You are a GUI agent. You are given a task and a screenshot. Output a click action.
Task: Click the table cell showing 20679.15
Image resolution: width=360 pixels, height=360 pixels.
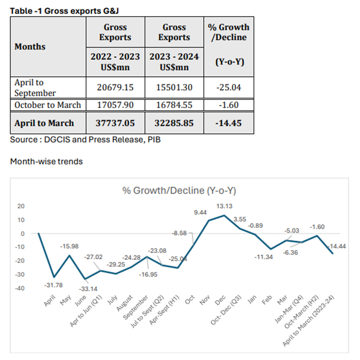click(x=115, y=87)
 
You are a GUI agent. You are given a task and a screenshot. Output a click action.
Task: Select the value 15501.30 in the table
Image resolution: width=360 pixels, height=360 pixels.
click(x=174, y=87)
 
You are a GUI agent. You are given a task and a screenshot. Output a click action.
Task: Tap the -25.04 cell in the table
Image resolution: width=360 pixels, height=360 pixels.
click(x=229, y=87)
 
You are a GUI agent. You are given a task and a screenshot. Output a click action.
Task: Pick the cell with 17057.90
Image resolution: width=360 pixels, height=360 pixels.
click(x=115, y=105)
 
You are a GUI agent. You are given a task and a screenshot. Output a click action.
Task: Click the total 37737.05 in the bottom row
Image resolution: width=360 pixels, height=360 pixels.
click(x=115, y=123)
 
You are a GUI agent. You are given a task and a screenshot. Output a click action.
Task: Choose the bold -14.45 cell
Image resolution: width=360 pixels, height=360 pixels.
click(x=229, y=123)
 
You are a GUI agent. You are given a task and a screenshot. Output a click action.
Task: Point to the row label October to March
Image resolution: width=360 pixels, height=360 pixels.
click(x=48, y=105)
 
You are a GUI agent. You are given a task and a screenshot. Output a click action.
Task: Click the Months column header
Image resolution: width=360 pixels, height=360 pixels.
click(x=30, y=47)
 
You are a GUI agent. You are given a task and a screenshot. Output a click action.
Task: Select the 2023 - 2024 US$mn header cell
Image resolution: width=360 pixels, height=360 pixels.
click(x=174, y=61)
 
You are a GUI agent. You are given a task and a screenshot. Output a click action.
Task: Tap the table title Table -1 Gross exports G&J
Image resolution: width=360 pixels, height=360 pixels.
click(x=64, y=11)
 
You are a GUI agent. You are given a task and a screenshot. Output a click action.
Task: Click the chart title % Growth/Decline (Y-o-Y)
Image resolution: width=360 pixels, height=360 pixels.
click(x=179, y=191)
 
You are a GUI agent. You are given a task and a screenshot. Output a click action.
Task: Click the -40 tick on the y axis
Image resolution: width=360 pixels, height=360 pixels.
click(x=20, y=288)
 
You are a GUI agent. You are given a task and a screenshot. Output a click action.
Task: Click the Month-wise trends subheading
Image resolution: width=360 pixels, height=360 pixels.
click(x=46, y=161)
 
